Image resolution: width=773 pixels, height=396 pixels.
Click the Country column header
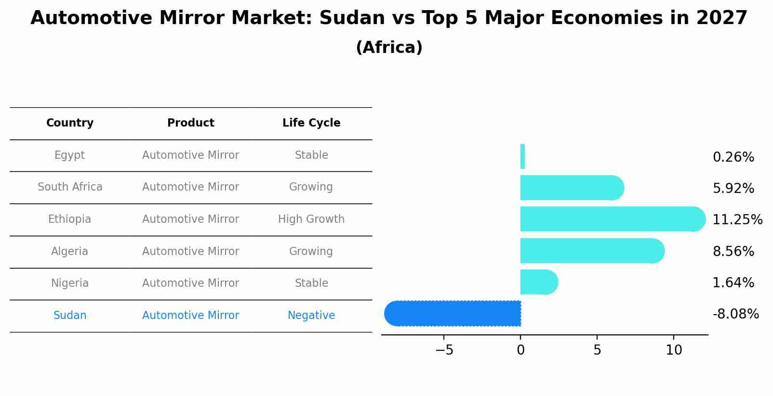[70, 123]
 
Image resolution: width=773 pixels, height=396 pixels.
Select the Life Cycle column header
[311, 123]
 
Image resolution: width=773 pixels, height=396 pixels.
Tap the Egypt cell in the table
[69, 155]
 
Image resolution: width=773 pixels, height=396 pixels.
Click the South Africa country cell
[70, 187]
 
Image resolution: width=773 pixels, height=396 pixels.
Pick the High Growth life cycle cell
[311, 219]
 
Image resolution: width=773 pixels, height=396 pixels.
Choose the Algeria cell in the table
[69, 252]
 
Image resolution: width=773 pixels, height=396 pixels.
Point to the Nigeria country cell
[70, 283]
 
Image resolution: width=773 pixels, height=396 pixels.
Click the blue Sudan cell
[70, 316]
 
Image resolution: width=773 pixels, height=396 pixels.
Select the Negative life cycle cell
[311, 316]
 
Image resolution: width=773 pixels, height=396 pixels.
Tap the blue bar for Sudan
[453, 314]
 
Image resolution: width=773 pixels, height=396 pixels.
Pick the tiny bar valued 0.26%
[522, 157]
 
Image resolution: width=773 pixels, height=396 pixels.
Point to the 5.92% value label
[733, 189]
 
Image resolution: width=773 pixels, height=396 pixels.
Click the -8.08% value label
[735, 314]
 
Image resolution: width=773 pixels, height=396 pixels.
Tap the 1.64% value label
[733, 283]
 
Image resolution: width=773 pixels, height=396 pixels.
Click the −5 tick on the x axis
[444, 350]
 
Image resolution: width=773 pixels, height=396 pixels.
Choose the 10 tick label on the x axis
[674, 350]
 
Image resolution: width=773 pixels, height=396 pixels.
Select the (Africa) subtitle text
[389, 48]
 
